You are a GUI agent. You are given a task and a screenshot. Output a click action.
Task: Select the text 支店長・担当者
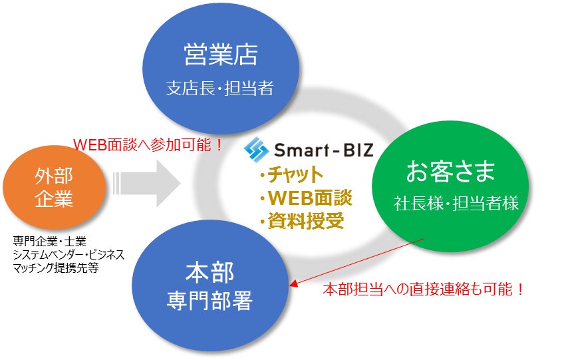point(219,89)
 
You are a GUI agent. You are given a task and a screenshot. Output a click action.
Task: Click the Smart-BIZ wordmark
point(322,147)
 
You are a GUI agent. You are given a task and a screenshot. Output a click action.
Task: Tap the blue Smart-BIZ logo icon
point(255,148)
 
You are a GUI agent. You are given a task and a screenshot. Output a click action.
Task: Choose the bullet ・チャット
point(291,175)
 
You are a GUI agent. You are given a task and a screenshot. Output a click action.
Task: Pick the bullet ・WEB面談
point(305,198)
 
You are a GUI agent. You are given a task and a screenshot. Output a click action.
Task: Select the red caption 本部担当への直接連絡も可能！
point(424,290)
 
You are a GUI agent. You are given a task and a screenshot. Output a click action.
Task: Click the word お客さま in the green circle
point(450,172)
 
